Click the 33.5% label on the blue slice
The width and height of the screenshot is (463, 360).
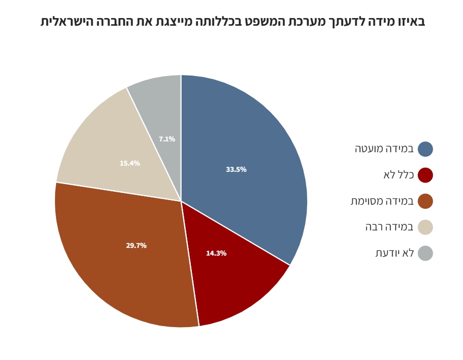tap(236, 170)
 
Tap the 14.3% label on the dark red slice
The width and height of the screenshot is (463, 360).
tap(216, 253)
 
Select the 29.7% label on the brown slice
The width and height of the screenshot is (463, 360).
tap(136, 246)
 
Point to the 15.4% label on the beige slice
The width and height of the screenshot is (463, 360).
tap(130, 164)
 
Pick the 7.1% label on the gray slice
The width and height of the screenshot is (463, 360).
tap(167, 139)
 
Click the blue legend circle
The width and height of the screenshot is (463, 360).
tap(425, 149)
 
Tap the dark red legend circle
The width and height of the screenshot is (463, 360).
tap(425, 175)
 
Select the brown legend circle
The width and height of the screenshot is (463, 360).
tap(425, 201)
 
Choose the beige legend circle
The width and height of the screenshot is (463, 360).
tap(425, 227)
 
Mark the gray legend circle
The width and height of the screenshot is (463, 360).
tap(425, 253)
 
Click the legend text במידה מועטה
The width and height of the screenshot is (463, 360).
tap(384, 149)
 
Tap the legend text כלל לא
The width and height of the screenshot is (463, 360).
tap(399, 175)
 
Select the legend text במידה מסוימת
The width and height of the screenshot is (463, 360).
tap(382, 201)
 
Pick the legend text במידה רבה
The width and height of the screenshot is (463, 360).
tap(389, 227)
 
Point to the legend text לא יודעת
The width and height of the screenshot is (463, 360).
tap(395, 253)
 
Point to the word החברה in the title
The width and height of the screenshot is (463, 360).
tap(115, 22)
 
